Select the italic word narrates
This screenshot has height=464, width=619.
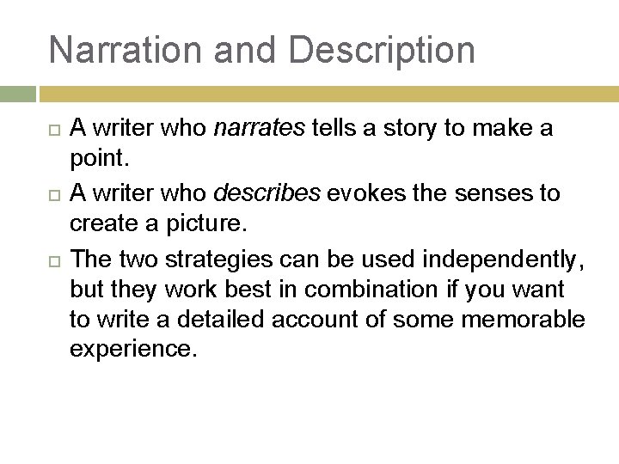point(259,129)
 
